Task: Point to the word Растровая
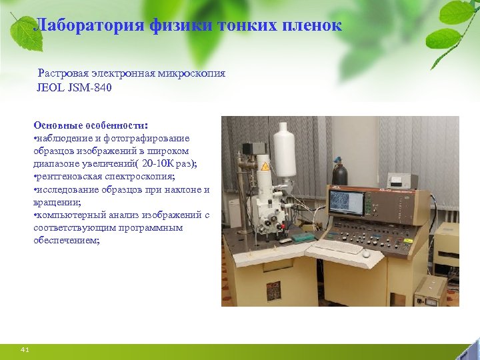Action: pos(63,73)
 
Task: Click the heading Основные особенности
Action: pos(91,125)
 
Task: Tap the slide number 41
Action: pos(25,349)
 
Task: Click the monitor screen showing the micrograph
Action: pos(347,203)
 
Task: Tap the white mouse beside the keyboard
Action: pos(366,253)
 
